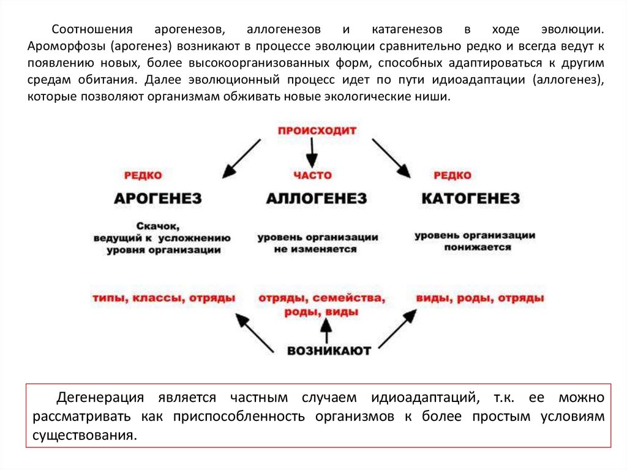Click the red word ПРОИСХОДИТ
pyautogui.click(x=317, y=131)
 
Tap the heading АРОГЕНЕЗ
pyautogui.click(x=158, y=199)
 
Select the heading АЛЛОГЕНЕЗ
pyautogui.click(x=317, y=199)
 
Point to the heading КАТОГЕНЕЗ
pyautogui.click(x=470, y=199)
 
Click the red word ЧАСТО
pyautogui.click(x=312, y=175)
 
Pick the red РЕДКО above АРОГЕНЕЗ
pyautogui.click(x=143, y=175)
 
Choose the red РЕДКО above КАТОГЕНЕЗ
pyautogui.click(x=452, y=175)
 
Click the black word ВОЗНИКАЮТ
pyautogui.click(x=329, y=351)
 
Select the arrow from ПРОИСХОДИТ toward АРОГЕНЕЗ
pyautogui.click(x=242, y=158)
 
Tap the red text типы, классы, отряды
pyautogui.click(x=164, y=298)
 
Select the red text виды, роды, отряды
pyautogui.click(x=480, y=298)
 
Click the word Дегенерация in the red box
pyautogui.click(x=100, y=398)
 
